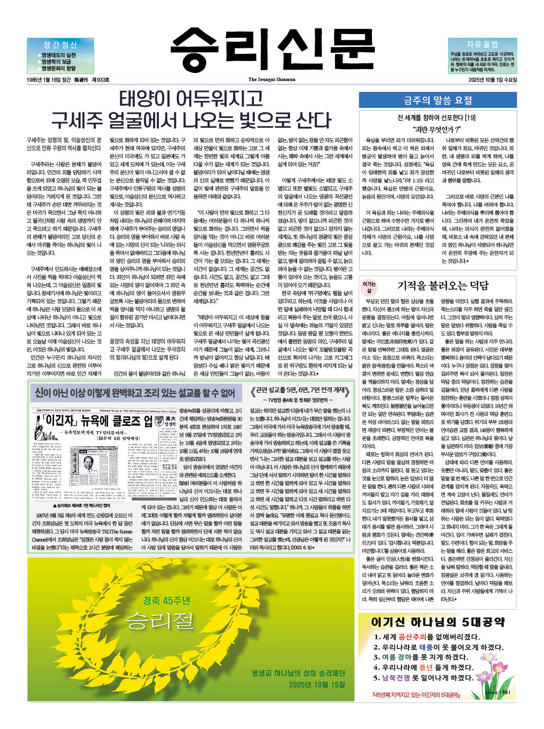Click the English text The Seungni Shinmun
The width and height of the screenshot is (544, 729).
[x=272, y=80]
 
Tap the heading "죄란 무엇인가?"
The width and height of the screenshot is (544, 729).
[x=437, y=129]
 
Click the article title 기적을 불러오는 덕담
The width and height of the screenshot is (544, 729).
[x=443, y=285]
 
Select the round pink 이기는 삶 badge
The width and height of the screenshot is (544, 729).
[x=369, y=286]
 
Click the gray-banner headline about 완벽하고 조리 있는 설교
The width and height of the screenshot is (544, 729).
[x=135, y=393]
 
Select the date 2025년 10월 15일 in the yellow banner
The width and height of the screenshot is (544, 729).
[x=317, y=684]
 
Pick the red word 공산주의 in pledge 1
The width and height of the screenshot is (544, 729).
[x=416, y=637]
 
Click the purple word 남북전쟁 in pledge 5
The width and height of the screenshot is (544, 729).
[x=396, y=678]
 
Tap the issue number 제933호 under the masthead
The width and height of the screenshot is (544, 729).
[x=100, y=80]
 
